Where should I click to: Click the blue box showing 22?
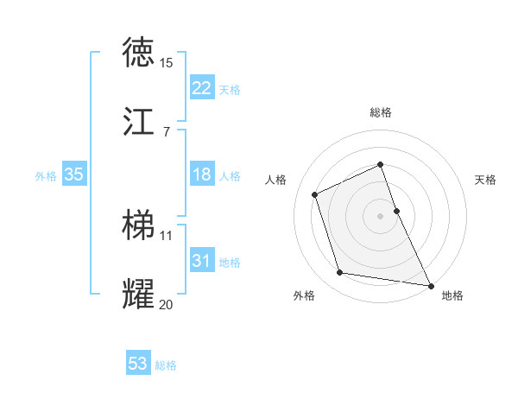point(202,88)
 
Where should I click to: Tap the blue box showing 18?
point(202,174)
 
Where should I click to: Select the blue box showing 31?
point(202,261)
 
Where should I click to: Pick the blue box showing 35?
point(74,174)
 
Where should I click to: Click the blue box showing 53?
point(138,364)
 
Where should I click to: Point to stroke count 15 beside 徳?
point(166,63)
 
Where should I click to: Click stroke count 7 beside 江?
point(166,132)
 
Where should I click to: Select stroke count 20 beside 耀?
point(166,305)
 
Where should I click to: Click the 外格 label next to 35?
point(46,176)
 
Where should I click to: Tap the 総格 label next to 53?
point(166,365)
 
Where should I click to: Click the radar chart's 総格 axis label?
point(380,112)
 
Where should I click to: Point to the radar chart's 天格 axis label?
point(485,180)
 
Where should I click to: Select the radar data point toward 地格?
point(429,284)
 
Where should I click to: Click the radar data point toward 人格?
point(316,193)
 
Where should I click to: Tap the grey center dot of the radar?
point(380,215)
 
